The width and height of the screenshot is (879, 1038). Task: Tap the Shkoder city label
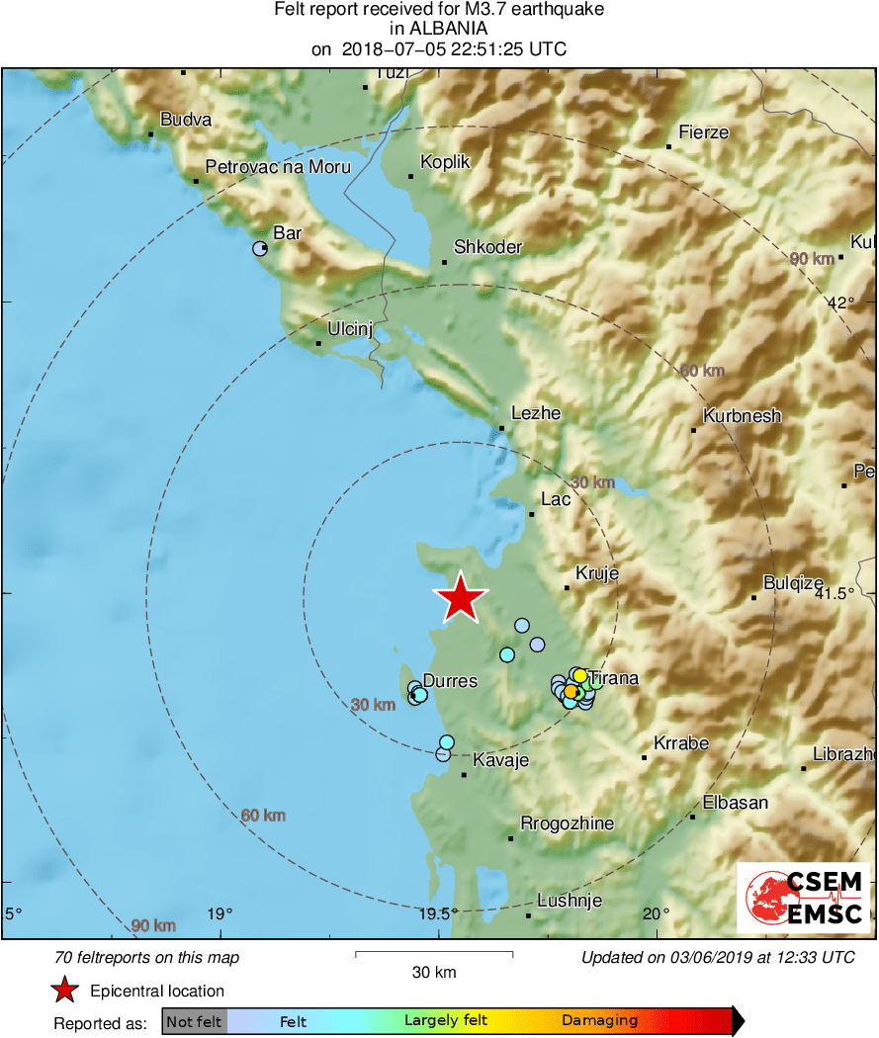pos(487,247)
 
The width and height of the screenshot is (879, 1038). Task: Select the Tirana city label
pos(613,679)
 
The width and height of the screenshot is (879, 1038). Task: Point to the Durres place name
pos(450,681)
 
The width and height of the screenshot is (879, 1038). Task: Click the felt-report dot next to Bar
pos(260,249)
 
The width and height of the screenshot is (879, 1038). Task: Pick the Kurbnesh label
pos(742,416)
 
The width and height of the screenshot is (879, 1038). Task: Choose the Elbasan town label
pos(735,803)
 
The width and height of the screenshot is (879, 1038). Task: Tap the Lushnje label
pos(570,901)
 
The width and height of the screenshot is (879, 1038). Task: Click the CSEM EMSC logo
pos(803,899)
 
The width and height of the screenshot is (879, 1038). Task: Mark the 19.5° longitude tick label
pos(437,913)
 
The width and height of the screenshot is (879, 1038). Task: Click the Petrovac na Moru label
pos(278,167)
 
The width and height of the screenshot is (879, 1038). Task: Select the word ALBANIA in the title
pos(439,30)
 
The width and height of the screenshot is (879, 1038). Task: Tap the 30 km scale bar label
pos(434,973)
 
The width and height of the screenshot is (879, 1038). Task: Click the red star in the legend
pos(65,991)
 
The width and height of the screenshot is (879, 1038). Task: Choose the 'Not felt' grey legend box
pos(194,1021)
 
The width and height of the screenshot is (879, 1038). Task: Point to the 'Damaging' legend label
pos(599,1021)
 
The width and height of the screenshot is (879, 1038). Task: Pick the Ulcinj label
pos(350,330)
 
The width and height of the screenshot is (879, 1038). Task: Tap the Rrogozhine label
pos(567,823)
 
